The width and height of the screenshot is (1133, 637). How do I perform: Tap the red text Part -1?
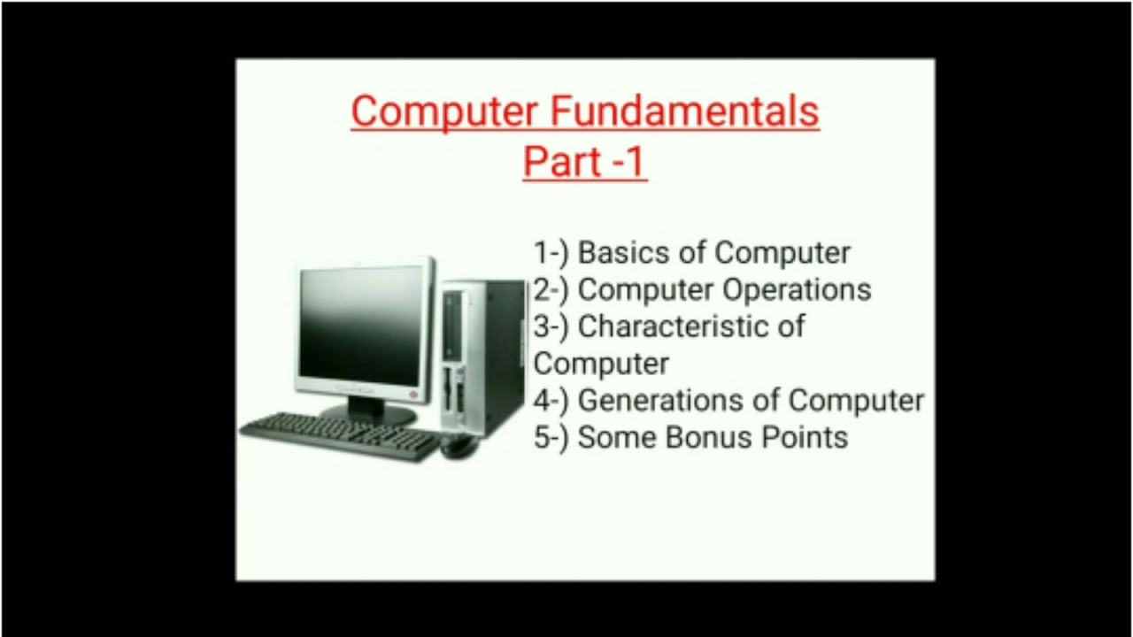pyautogui.click(x=584, y=161)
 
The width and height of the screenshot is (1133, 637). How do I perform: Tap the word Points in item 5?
pyautogui.click(x=805, y=438)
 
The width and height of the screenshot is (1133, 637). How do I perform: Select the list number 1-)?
pyautogui.click(x=551, y=253)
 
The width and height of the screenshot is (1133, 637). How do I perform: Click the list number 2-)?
pyautogui.click(x=551, y=290)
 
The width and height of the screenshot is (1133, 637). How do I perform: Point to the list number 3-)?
pyautogui.click(x=551, y=326)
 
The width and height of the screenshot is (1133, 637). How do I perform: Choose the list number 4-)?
pyautogui.click(x=551, y=401)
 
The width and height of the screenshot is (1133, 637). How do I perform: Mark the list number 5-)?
pyautogui.click(x=551, y=438)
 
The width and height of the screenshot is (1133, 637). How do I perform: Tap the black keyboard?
pyautogui.click(x=341, y=434)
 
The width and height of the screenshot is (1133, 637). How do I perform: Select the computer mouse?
pyautogui.click(x=459, y=446)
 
